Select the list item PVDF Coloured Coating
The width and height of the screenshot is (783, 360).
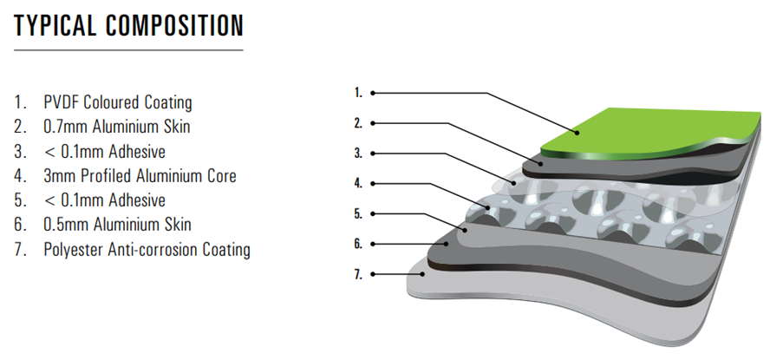[x=117, y=102]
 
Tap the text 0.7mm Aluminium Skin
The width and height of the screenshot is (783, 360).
[x=116, y=128]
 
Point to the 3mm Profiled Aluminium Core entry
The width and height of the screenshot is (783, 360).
[x=140, y=176]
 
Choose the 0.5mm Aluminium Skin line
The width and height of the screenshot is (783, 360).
[x=117, y=226]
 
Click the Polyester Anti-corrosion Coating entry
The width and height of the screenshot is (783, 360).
[x=147, y=250]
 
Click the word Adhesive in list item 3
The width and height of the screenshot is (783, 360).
[x=134, y=152]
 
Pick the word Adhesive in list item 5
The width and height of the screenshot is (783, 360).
[x=134, y=201]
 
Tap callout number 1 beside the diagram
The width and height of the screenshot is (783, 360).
[x=357, y=92]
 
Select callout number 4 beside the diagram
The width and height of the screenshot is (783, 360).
[x=357, y=183]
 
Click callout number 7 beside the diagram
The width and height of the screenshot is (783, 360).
[x=357, y=274]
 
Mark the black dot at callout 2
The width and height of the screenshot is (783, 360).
[x=373, y=122]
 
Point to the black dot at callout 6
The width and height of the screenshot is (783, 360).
[x=373, y=244]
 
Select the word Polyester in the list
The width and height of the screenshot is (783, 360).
[x=73, y=250]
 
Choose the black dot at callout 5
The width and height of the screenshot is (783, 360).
[x=373, y=213]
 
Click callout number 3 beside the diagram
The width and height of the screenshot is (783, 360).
[x=357, y=153]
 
